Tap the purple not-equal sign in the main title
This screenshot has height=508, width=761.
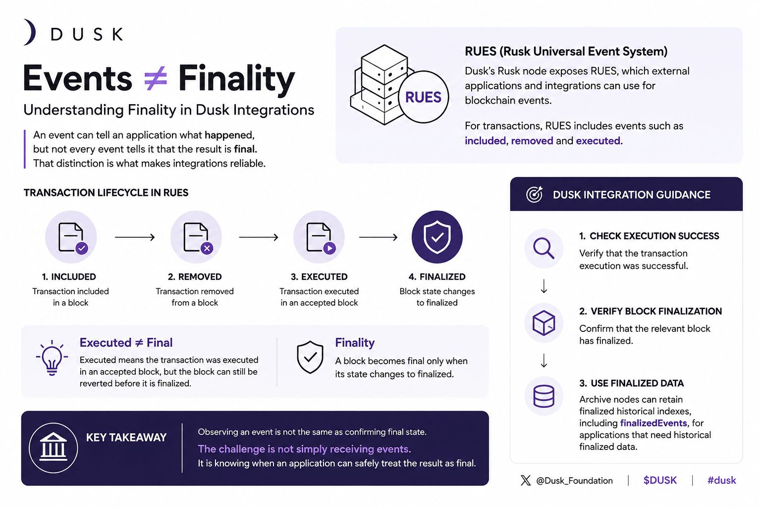(x=155, y=78)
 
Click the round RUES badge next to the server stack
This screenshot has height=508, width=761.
(x=423, y=97)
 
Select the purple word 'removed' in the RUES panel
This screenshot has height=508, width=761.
(x=532, y=140)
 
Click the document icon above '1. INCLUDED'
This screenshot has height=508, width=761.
(x=71, y=237)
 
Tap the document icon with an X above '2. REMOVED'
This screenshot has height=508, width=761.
(x=196, y=237)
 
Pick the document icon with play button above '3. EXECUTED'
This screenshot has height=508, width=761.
(x=319, y=237)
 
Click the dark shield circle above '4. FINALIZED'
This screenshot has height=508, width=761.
(x=437, y=237)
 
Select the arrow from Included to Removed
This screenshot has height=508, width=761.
(x=135, y=237)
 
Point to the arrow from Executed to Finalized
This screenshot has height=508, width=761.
(x=379, y=237)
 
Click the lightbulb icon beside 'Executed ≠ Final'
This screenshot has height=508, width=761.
(x=52, y=358)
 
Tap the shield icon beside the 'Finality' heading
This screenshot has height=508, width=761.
(x=310, y=357)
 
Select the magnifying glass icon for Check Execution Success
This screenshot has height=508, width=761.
(x=544, y=248)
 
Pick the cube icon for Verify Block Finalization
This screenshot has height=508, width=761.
(x=544, y=322)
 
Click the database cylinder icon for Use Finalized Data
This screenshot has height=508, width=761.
(x=544, y=396)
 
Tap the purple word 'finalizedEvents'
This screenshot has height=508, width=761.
(x=653, y=423)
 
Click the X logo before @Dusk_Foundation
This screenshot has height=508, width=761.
(x=526, y=480)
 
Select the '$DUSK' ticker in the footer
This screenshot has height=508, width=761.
(x=660, y=480)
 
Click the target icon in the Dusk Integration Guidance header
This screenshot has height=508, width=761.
(x=535, y=194)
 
